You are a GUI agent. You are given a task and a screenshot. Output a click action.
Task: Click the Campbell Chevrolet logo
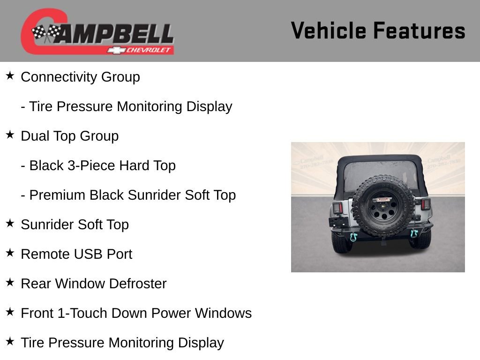(97, 32)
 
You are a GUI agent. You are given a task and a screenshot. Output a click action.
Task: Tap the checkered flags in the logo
(46, 33)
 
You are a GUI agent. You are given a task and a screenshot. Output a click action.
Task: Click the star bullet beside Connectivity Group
(10, 75)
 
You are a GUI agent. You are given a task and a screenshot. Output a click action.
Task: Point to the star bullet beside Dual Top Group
(10, 135)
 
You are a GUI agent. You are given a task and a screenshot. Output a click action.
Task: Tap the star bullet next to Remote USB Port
(10, 253)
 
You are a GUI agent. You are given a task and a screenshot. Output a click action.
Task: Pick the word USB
(89, 254)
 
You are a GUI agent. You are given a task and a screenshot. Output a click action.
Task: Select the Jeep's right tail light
(426, 204)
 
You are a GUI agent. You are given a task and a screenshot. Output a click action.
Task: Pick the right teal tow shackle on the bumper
(414, 234)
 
